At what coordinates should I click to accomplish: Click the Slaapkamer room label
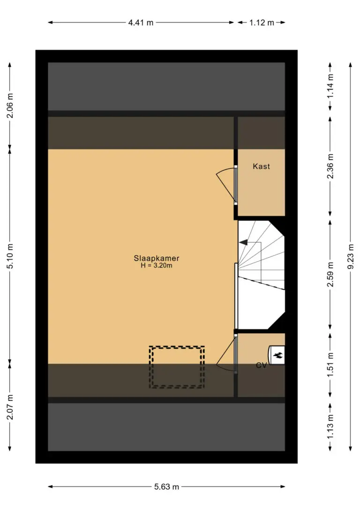click(x=157, y=258)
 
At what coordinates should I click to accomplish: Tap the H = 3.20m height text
click(x=157, y=266)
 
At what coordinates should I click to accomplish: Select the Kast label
click(x=261, y=166)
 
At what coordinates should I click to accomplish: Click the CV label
click(x=261, y=366)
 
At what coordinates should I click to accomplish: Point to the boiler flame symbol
click(x=277, y=355)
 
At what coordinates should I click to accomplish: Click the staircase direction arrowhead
click(x=243, y=242)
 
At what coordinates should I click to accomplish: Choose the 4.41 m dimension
click(x=141, y=22)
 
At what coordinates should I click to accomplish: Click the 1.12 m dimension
click(x=262, y=22)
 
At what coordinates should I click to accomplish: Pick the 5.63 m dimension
click(x=166, y=487)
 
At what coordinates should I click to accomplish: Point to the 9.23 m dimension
click(x=351, y=256)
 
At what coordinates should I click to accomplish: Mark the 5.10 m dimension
click(x=10, y=256)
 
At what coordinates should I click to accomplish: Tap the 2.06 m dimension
click(x=10, y=105)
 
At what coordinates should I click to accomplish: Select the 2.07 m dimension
click(x=10, y=407)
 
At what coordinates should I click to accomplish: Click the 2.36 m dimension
click(x=330, y=166)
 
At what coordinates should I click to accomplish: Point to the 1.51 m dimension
click(x=330, y=365)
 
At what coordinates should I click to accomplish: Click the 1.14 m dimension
click(x=330, y=86)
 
